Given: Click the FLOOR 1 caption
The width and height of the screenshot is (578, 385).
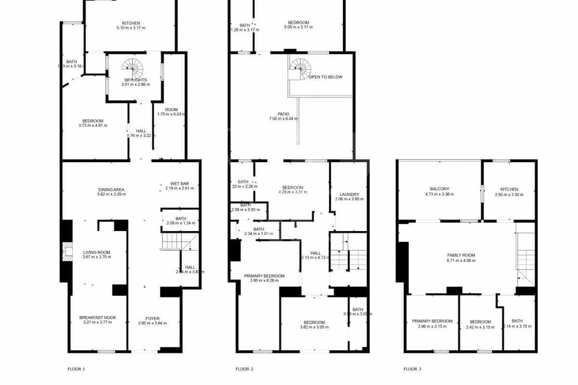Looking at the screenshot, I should (76, 369).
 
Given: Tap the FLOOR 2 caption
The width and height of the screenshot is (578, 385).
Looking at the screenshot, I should (244, 369).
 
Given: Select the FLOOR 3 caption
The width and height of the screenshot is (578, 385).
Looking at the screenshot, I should (412, 369).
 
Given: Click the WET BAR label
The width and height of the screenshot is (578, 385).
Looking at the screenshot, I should (179, 183).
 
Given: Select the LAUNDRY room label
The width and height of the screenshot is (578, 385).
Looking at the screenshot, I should (348, 194).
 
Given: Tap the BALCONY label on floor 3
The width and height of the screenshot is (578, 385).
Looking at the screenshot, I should (439, 189).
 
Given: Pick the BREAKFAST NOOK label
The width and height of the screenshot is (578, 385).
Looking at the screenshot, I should (98, 318).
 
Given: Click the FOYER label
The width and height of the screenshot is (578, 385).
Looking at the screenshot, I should (152, 318).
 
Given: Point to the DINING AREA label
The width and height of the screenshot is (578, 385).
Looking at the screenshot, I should (111, 190).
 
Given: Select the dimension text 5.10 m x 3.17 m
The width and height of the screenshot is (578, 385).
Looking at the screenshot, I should (131, 28).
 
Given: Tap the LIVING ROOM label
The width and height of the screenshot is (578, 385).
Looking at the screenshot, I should (97, 252).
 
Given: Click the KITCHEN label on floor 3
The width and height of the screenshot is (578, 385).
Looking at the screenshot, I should (509, 189).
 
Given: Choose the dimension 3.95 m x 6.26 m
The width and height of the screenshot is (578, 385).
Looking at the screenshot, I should (264, 281).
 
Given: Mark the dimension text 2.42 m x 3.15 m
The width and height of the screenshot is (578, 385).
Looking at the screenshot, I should (480, 326).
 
